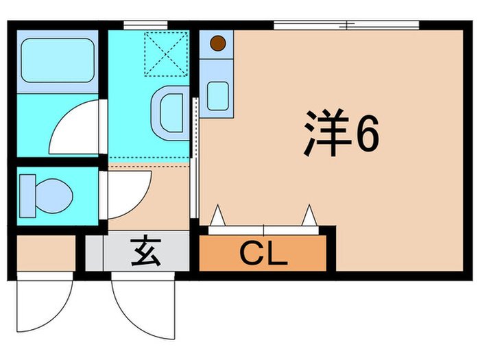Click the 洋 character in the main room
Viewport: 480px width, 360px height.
[x=323, y=134]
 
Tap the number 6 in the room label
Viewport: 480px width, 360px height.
[x=363, y=135]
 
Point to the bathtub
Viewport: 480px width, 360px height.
[x=57, y=60]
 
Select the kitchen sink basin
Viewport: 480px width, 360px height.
[x=219, y=95]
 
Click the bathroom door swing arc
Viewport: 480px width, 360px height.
[x=77, y=128]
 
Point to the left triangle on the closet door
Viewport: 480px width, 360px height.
[x=217, y=216]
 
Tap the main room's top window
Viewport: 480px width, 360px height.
[x=346, y=25]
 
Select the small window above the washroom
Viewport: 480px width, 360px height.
[x=146, y=25]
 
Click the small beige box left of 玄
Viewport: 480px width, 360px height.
[x=45, y=253]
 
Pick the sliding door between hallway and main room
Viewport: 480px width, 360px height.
[x=196, y=158]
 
